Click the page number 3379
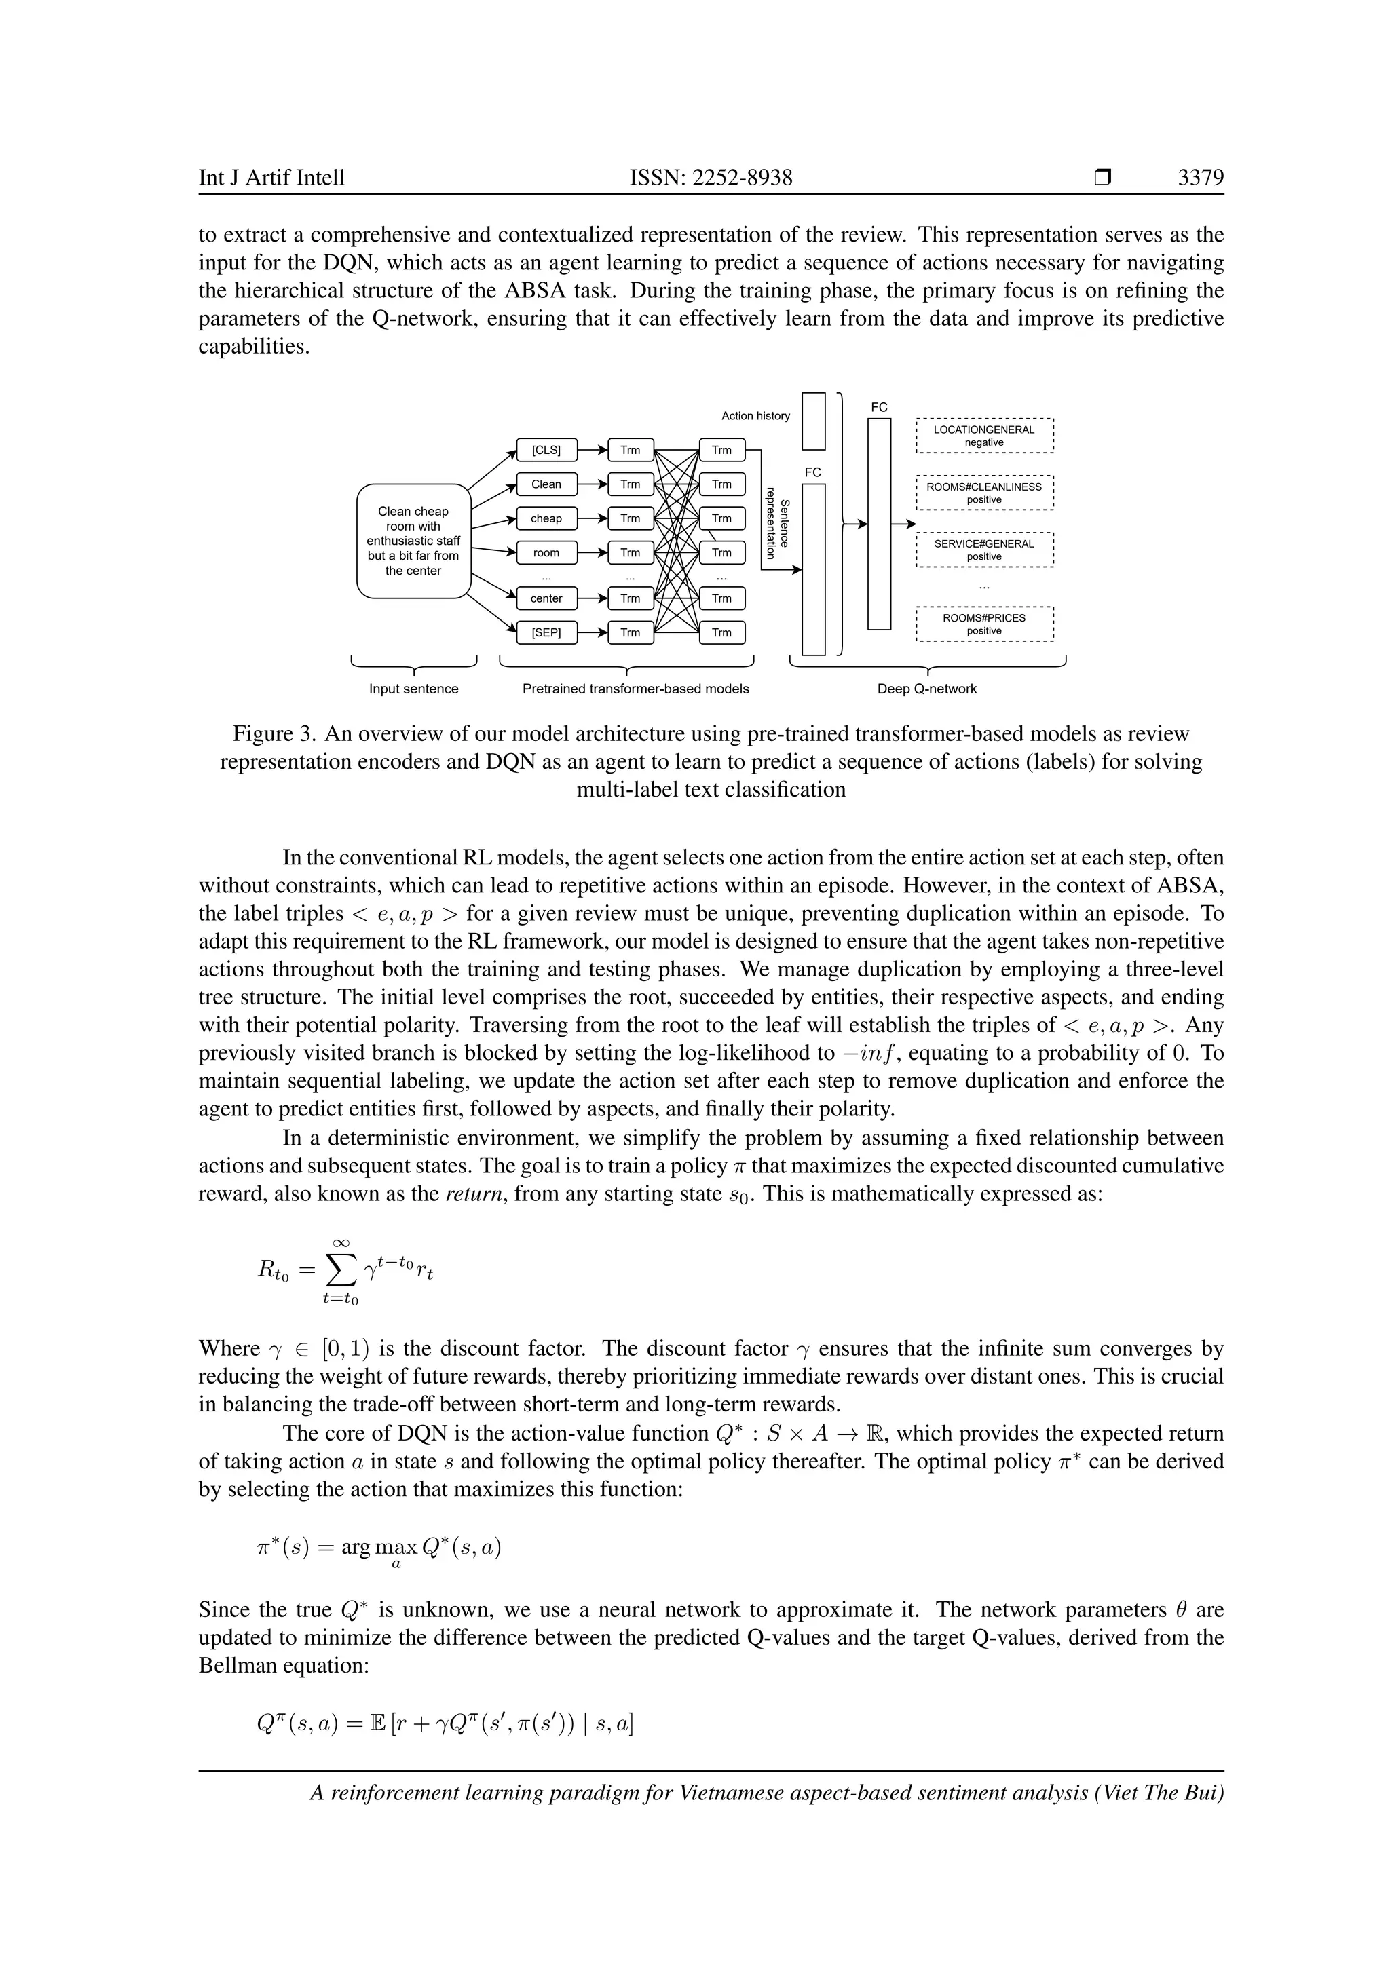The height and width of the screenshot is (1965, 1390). click(1200, 178)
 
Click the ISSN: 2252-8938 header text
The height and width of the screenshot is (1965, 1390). click(711, 178)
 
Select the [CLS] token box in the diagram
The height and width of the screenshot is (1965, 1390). click(546, 450)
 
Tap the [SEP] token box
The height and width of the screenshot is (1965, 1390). click(546, 632)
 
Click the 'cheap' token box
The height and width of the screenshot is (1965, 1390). click(546, 518)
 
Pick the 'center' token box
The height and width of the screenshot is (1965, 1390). click(546, 598)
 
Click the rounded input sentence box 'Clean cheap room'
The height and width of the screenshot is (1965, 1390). click(413, 541)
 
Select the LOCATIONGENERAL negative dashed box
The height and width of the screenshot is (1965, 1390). click(984, 436)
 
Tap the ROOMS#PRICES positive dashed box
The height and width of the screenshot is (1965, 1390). click(984, 624)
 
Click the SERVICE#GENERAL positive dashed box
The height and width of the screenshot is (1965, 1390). click(984, 550)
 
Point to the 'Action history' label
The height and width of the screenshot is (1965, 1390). click(755, 416)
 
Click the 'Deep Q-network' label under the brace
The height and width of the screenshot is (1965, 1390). click(927, 689)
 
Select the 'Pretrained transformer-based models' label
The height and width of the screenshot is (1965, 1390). click(635, 689)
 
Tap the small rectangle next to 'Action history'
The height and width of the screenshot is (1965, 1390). click(813, 421)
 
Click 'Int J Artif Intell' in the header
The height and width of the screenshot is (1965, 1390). click(271, 178)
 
